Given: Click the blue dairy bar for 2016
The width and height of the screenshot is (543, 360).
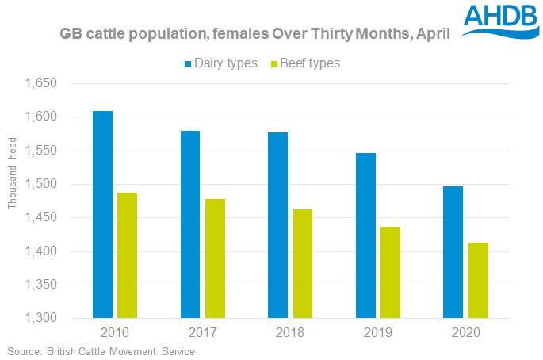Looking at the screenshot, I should click(x=102, y=214).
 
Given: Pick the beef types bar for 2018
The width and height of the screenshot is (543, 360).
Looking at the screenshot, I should click(x=301, y=264).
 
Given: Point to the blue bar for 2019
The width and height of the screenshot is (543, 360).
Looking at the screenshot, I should click(x=365, y=236).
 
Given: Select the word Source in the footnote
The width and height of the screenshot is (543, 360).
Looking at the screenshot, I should click(x=23, y=350).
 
